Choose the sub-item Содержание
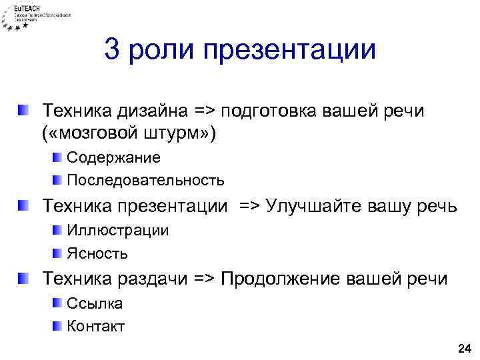(x=113, y=157)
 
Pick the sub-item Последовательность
(x=145, y=180)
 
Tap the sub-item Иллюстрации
(x=117, y=231)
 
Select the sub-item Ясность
(x=97, y=253)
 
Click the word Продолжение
(x=283, y=279)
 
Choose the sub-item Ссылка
(x=95, y=304)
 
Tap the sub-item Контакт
(x=96, y=327)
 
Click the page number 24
(x=463, y=348)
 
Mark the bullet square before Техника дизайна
(x=24, y=109)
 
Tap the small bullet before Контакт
(x=57, y=326)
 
